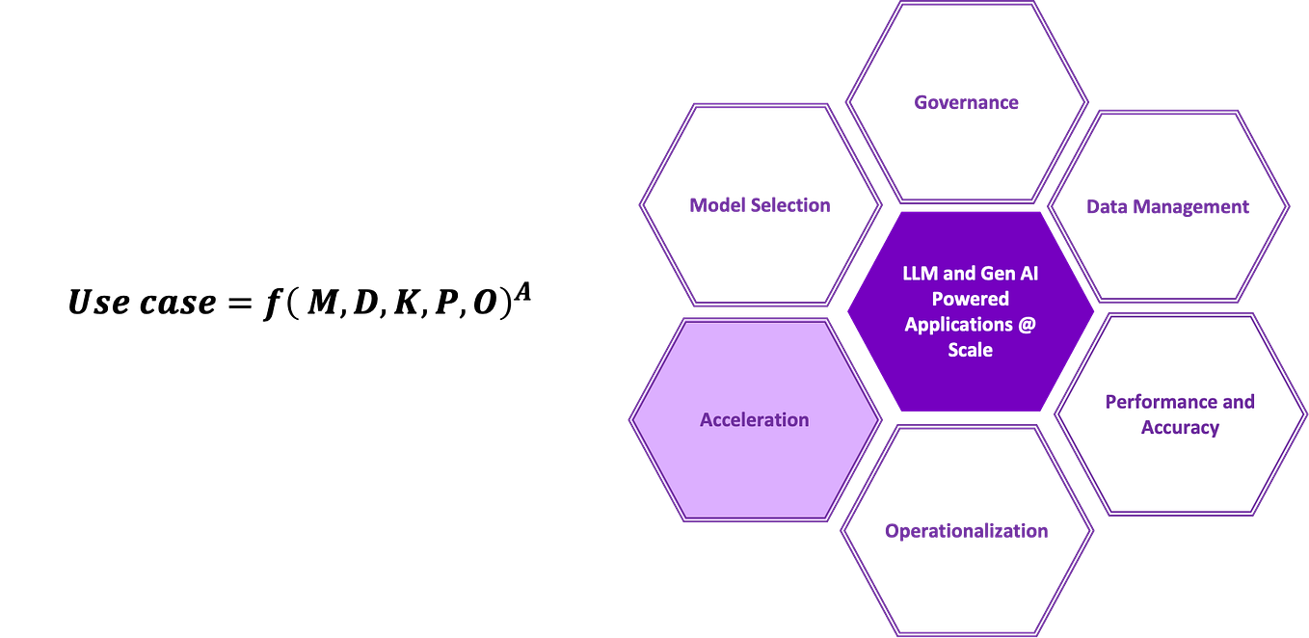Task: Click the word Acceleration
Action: coord(754,420)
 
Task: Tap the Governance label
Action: coord(966,102)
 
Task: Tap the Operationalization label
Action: coord(965,531)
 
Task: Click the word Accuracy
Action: coord(1180,427)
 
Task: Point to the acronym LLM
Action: coord(922,274)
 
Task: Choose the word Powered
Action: coord(970,299)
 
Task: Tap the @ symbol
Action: coord(1026,325)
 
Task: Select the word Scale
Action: coord(970,350)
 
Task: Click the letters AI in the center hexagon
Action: coord(1028,274)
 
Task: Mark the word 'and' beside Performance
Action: coord(1239,402)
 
